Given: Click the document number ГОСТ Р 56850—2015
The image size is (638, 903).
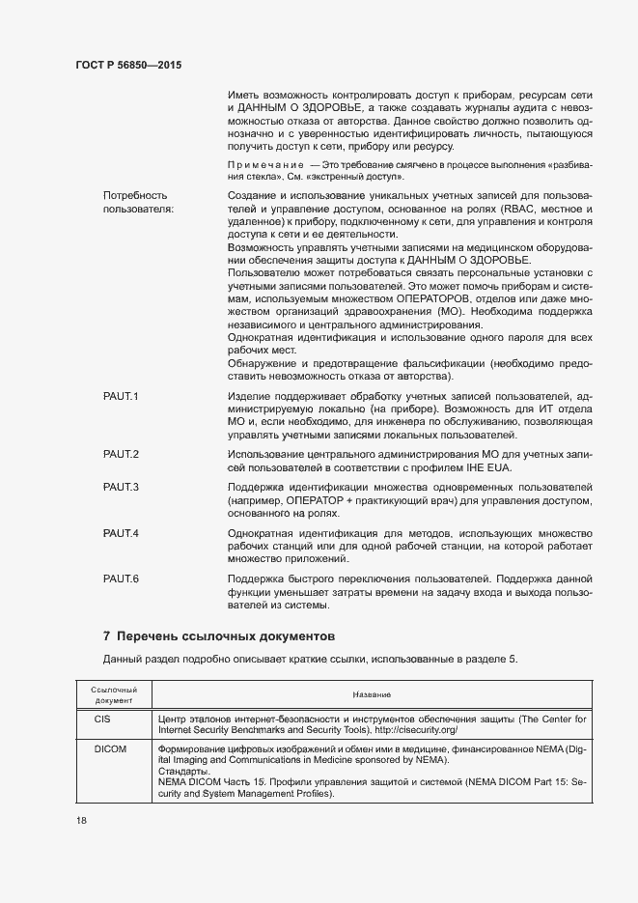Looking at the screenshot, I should pos(128,65).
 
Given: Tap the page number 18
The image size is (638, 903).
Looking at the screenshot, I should pos(80,820).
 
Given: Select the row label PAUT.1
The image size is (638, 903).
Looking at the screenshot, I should pos(122,397).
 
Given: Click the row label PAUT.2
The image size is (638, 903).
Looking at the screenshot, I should pos(122,454).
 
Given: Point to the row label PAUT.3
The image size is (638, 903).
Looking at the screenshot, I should pos(122,486).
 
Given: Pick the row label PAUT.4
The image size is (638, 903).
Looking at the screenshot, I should pos(122,533).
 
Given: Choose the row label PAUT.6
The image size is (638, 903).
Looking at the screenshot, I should pos(122,578).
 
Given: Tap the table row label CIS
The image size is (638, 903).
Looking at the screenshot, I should pos(102,720).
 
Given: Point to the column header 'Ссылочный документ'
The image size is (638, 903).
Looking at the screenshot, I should pos(114,694).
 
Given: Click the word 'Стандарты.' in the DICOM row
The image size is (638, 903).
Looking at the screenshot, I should pos(180,772).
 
